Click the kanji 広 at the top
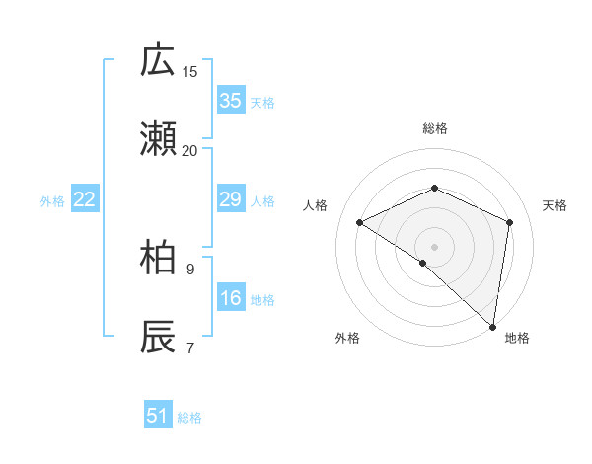pos(158,60)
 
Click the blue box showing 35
pos(230,101)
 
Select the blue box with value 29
pos(230,200)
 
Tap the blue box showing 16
pos(230,298)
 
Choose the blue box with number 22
pos(85,200)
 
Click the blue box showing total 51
pos(158,416)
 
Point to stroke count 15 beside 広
pos(190,71)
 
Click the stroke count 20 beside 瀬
pos(190,150)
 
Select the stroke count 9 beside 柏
pos(190,268)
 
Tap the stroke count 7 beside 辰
pos(190,347)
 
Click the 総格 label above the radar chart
pos(435,128)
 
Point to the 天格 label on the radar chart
pos(555,205)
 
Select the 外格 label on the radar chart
pos(347,338)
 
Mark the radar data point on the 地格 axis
pos(493,326)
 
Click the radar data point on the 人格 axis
pos(360,222)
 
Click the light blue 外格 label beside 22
pos(52,201)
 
